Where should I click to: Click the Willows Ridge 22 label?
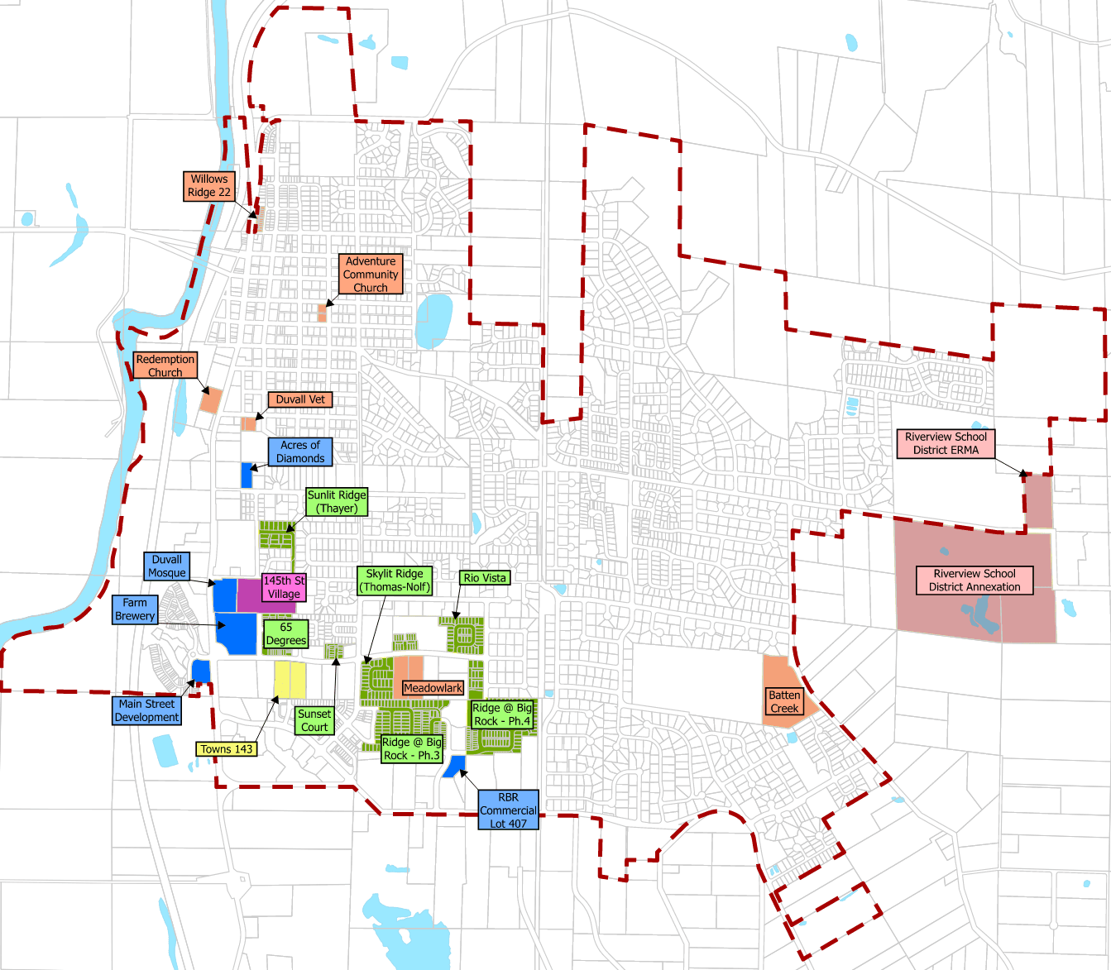tap(208, 185)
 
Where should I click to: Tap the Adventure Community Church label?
tap(371, 275)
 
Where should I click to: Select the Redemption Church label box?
tap(165, 366)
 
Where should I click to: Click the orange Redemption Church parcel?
tap(211, 400)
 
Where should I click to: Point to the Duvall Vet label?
tap(300, 399)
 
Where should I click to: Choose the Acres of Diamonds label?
tap(300, 452)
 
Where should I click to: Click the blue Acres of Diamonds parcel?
tap(247, 475)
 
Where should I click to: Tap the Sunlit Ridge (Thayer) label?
tap(337, 501)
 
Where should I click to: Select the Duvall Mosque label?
tap(167, 566)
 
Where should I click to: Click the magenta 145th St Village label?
tap(284, 587)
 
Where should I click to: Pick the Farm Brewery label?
tap(135, 609)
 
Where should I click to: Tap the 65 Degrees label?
tap(286, 633)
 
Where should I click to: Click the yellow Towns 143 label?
tap(227, 749)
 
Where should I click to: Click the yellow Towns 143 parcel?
tap(290, 680)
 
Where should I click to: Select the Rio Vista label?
tap(485, 578)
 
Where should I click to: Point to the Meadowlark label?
tap(433, 688)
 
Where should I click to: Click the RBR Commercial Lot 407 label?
tap(508, 810)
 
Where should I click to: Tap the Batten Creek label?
tap(784, 701)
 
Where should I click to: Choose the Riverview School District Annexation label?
tap(975, 580)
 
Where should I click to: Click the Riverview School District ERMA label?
tap(946, 443)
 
